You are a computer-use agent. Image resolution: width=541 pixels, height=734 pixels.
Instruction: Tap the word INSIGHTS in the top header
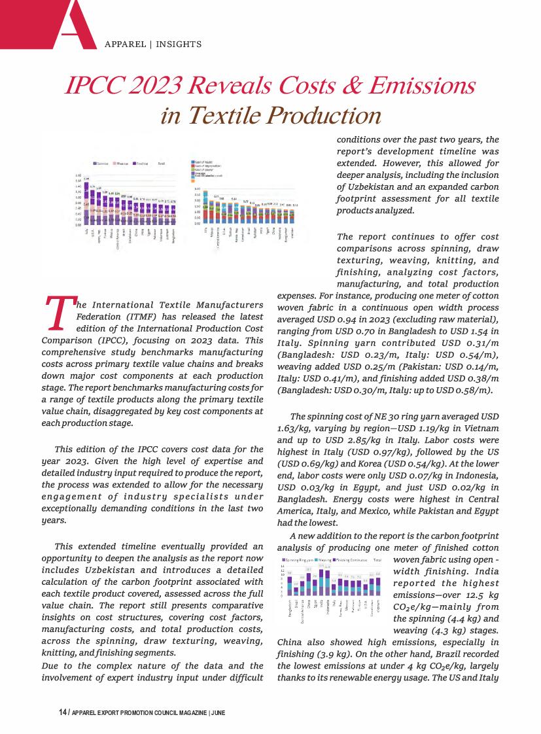pyautogui.click(x=178, y=44)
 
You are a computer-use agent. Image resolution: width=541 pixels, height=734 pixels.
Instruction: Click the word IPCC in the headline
pyautogui.click(x=96, y=86)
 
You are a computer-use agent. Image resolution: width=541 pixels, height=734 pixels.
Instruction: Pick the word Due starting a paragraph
pyautogui.click(x=50, y=665)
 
